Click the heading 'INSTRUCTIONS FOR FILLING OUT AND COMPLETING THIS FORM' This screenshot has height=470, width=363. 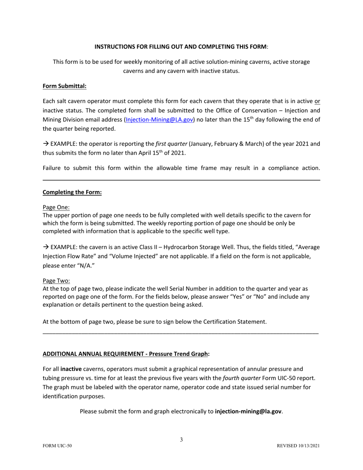tap(181, 47)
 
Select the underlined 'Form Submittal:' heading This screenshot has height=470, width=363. tap(65, 86)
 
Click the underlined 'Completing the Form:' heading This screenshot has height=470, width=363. tap(72, 192)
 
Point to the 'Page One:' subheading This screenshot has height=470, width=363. tap(56, 207)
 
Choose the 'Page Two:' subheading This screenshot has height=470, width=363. tap(56, 281)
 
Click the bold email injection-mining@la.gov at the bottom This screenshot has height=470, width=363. tap(248, 412)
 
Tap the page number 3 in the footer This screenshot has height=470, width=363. tap(181, 440)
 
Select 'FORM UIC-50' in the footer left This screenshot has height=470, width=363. tap(57, 446)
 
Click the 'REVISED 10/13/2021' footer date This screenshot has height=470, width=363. tap(298, 446)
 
